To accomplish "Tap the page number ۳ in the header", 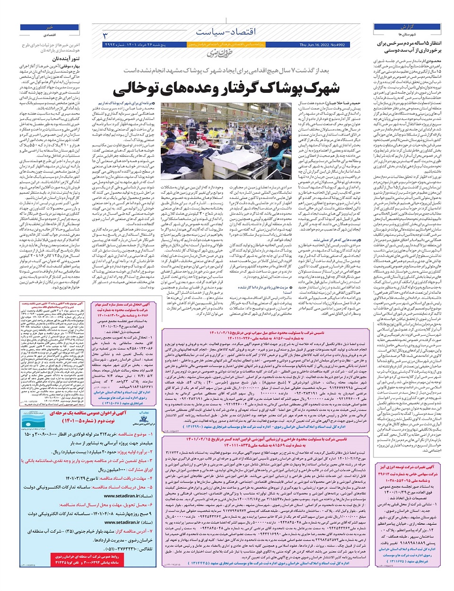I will [x=105, y=36].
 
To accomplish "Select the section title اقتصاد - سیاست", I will [x=226, y=32].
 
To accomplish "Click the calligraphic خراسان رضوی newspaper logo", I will [x=220, y=53].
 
